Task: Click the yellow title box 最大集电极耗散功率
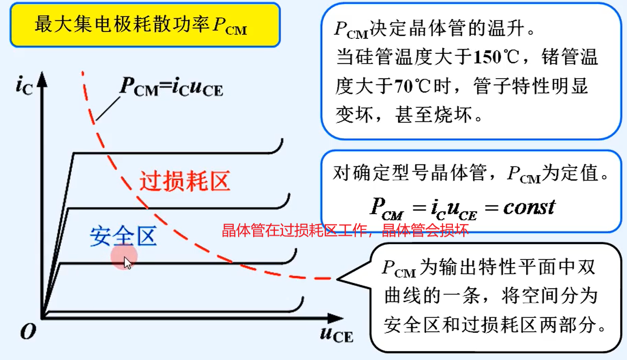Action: tap(145, 25)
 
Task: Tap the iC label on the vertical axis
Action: tap(24, 86)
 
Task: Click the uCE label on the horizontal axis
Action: tap(336, 334)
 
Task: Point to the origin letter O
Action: tap(28, 332)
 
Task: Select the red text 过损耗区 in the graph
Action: tap(184, 181)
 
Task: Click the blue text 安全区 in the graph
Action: tap(123, 236)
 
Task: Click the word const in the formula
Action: tap(529, 207)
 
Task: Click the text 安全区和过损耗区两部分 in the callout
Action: tap(495, 325)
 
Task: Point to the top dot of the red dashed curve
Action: tap(82, 73)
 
